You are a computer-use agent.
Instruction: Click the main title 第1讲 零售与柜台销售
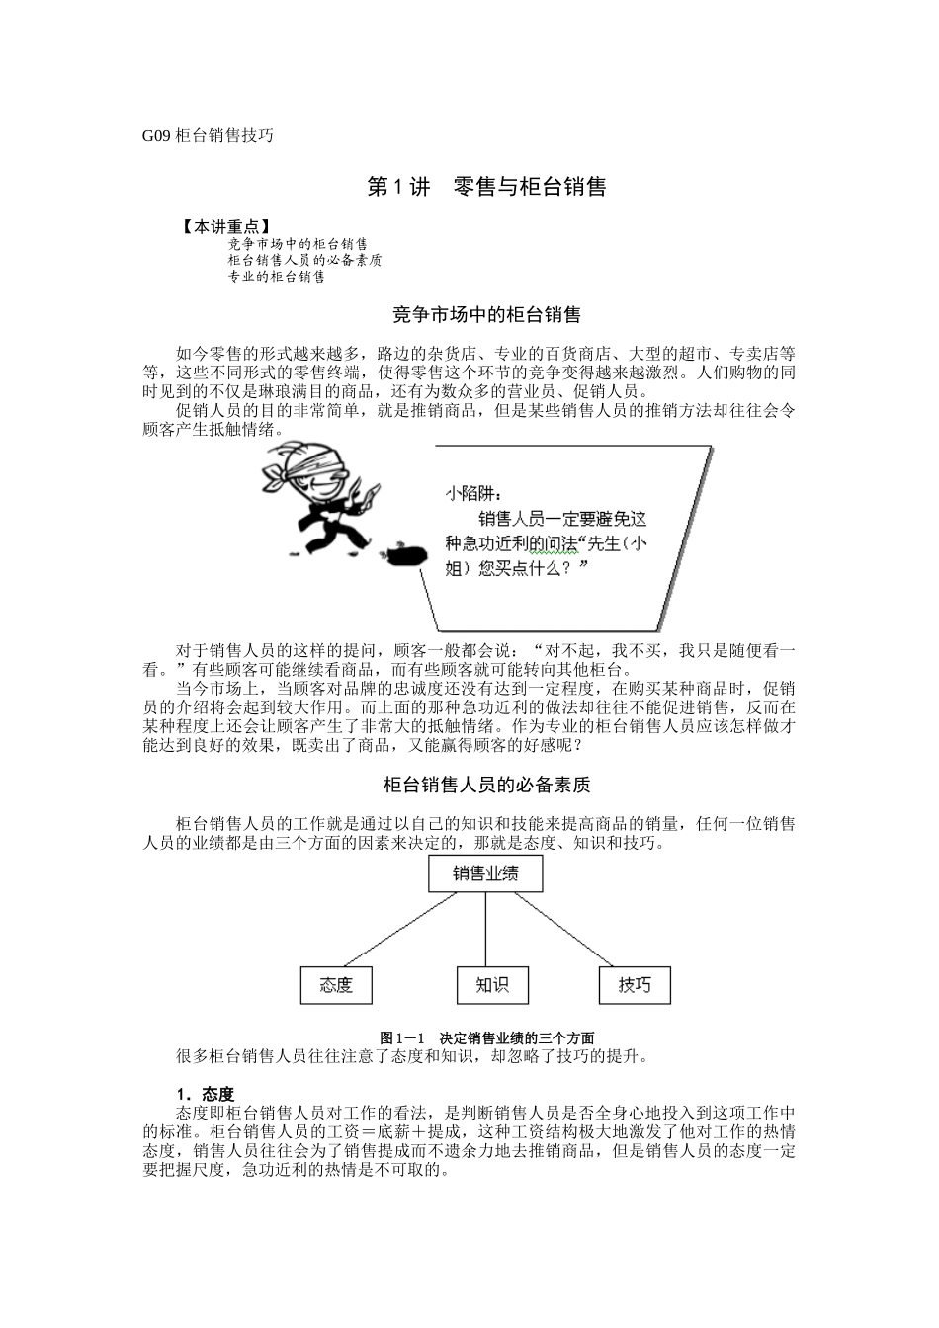coord(486,187)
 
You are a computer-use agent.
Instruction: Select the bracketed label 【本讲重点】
coord(227,227)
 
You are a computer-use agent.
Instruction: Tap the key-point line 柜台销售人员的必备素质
coord(304,260)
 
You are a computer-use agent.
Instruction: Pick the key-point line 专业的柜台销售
coord(276,277)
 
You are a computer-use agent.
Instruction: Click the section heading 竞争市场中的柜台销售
coord(486,315)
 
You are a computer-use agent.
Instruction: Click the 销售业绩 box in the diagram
coord(485,873)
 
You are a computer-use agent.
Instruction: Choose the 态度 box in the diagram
coord(337,985)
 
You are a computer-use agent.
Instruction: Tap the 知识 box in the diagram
coord(491,984)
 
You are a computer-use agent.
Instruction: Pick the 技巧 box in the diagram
coord(635,984)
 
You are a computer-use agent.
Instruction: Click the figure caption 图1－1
coord(402,1037)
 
